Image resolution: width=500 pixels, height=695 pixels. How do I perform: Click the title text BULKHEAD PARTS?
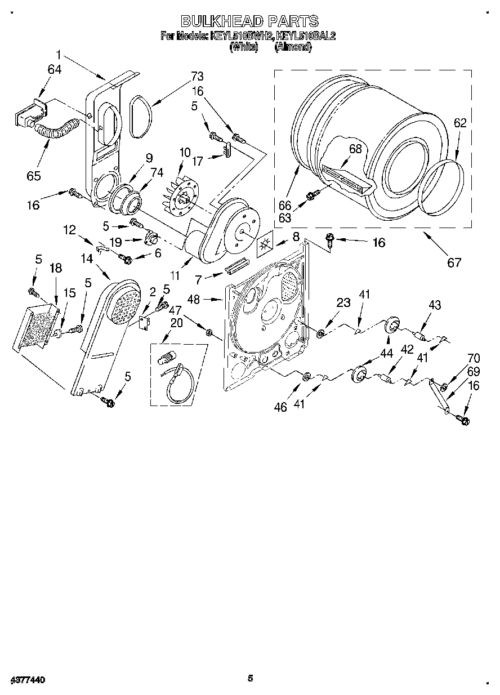click(x=249, y=21)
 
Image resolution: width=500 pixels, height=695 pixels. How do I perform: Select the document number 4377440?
click(x=26, y=680)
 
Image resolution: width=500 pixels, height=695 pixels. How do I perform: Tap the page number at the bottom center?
click(x=251, y=678)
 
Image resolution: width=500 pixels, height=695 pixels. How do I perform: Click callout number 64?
click(x=55, y=70)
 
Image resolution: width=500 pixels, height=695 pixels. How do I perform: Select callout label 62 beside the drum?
click(x=460, y=123)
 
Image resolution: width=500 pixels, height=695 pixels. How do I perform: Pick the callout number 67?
click(x=454, y=261)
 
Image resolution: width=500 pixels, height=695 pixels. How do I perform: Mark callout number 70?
click(x=474, y=358)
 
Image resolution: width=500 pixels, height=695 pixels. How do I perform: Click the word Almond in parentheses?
click(x=293, y=47)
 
